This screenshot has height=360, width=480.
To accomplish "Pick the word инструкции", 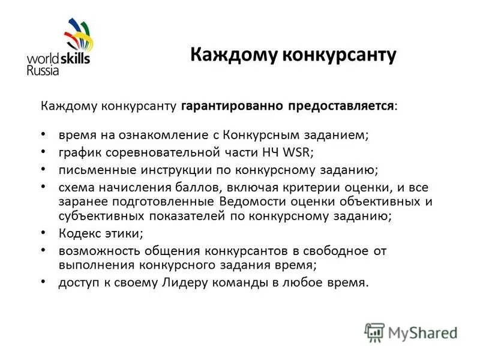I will [x=161, y=169].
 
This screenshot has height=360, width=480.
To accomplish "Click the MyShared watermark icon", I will [x=374, y=332].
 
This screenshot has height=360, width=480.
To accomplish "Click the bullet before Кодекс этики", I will [x=46, y=232].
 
